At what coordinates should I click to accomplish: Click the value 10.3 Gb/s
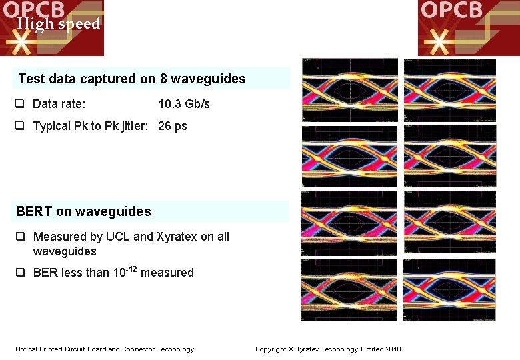[x=184, y=104]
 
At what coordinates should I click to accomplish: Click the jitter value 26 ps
[x=173, y=126]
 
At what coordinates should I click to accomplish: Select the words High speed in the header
[x=59, y=25]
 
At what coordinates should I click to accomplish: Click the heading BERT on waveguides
[x=83, y=212]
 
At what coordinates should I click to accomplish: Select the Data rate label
[x=59, y=104]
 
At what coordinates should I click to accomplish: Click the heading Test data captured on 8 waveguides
[x=132, y=79]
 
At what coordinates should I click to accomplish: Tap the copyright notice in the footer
[x=328, y=349]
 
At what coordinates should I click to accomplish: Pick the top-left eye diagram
[x=350, y=90]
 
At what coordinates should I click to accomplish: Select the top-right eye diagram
[x=450, y=90]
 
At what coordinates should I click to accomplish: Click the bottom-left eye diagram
[x=350, y=289]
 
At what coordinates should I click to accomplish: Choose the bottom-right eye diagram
[x=450, y=289]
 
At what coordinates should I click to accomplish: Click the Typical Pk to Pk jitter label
[x=93, y=126]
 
